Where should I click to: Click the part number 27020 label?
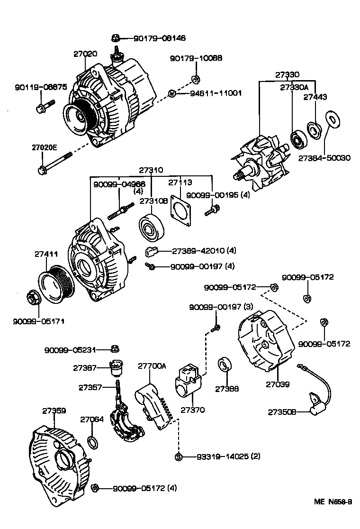pyautogui.click(x=85, y=54)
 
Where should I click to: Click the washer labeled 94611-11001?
pyautogui.click(x=173, y=93)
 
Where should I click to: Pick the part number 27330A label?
pyautogui.click(x=294, y=88)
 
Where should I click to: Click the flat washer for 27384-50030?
pyautogui.click(x=332, y=119)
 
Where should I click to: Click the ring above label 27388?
pyautogui.click(x=225, y=366)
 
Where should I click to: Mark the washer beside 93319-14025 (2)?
pyautogui.click(x=179, y=457)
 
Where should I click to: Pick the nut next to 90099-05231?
pyautogui.click(x=114, y=350)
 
